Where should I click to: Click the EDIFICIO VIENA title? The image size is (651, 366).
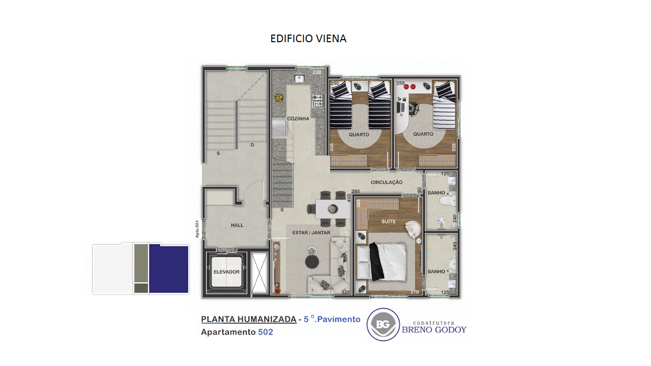308,38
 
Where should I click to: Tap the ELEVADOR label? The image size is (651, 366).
226,272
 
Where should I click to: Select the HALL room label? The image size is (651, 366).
237,225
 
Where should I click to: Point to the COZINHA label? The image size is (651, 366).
298,118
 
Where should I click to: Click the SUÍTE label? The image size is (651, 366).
389,221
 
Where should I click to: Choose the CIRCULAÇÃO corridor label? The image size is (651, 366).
387,182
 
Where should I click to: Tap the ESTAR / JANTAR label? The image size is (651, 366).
311,233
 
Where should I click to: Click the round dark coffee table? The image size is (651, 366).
312,262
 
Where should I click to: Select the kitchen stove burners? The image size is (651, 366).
318,101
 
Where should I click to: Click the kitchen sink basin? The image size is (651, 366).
300,78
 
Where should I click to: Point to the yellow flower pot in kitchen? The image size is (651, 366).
279,98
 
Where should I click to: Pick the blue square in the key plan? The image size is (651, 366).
169,269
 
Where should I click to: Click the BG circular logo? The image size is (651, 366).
383,324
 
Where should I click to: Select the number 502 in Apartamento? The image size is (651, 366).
265,332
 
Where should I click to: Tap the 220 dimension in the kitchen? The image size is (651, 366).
317,72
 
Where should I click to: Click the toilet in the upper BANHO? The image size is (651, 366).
448,200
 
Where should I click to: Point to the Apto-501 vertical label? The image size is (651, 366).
197,229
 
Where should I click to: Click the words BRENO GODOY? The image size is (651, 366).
434,330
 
